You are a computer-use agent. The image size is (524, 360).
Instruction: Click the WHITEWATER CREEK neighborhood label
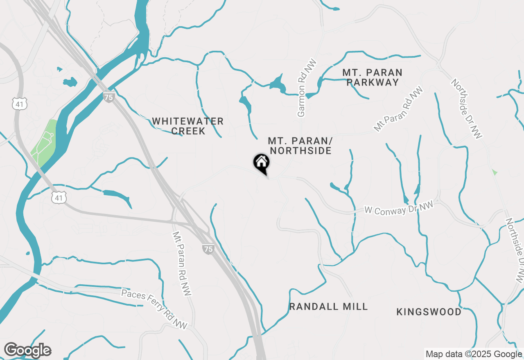point(188,126)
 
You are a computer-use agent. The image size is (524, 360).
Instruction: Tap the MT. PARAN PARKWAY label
point(372,77)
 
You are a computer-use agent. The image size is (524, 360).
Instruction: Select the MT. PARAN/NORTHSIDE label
point(300,146)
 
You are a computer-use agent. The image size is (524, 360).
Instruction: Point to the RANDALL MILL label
point(328,307)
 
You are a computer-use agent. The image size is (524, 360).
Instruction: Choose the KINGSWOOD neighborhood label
point(429,312)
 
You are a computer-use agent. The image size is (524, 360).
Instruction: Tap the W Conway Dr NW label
point(398,209)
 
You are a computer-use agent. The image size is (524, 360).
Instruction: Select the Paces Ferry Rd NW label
point(154,309)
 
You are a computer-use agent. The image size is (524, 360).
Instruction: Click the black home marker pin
point(262,163)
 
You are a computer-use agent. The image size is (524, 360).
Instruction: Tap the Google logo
point(27,350)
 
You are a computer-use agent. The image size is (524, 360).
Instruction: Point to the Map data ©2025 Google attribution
point(474,354)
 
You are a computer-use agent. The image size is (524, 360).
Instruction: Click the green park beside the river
point(43,142)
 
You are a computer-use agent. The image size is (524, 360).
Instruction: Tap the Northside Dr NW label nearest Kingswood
point(515,250)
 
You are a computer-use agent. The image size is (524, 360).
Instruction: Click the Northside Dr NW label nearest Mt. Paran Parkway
point(466,109)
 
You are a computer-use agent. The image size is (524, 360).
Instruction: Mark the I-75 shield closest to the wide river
point(108,97)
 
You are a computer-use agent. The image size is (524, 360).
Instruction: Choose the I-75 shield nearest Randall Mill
point(208,249)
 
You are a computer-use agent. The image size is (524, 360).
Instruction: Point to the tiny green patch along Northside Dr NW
point(495,172)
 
